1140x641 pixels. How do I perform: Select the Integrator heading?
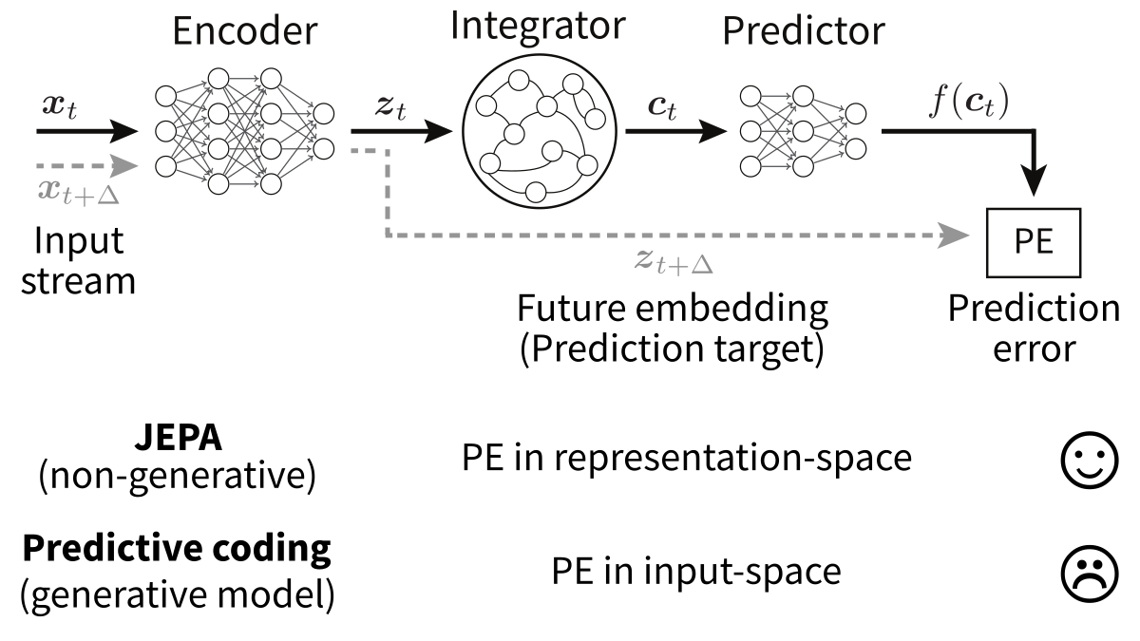(x=538, y=26)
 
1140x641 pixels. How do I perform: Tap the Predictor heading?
(x=803, y=33)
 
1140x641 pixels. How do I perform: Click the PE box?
(x=1033, y=240)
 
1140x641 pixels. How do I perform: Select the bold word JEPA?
(x=176, y=441)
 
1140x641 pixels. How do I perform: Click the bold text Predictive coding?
(x=177, y=549)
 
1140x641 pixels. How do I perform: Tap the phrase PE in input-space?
(x=696, y=572)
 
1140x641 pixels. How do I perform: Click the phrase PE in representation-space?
(x=687, y=459)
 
